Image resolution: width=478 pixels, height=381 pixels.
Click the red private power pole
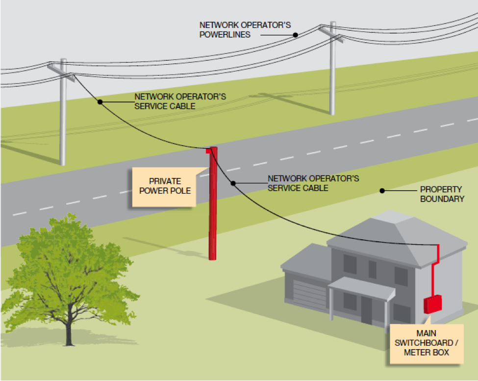click(213, 206)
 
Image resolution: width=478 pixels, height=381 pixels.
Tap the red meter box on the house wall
click(432, 304)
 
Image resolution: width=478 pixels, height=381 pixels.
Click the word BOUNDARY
click(442, 199)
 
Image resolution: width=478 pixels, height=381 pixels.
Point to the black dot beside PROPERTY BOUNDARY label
click(382, 190)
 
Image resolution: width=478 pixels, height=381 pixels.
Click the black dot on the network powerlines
click(296, 35)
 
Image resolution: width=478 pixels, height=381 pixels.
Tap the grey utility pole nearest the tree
click(63, 118)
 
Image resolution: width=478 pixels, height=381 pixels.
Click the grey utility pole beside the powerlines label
click(333, 69)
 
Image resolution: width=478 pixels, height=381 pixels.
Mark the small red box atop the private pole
click(209, 151)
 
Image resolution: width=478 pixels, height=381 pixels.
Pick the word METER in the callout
click(417, 353)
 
